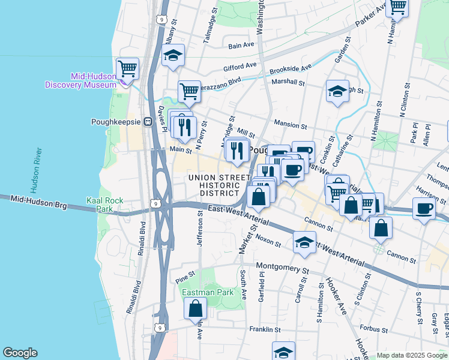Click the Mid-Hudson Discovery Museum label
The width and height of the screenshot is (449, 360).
(x=80, y=80)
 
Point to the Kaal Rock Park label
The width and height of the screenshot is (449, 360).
(x=100, y=205)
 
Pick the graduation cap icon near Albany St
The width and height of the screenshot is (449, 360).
(x=173, y=56)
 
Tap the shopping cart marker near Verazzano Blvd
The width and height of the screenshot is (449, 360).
(x=189, y=91)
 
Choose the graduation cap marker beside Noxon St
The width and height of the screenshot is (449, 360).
(x=304, y=242)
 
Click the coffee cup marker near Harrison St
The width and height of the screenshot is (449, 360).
(x=424, y=209)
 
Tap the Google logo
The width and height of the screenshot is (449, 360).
(x=20, y=353)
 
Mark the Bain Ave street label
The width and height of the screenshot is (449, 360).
(x=242, y=44)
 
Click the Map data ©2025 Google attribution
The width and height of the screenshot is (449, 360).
(x=412, y=355)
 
